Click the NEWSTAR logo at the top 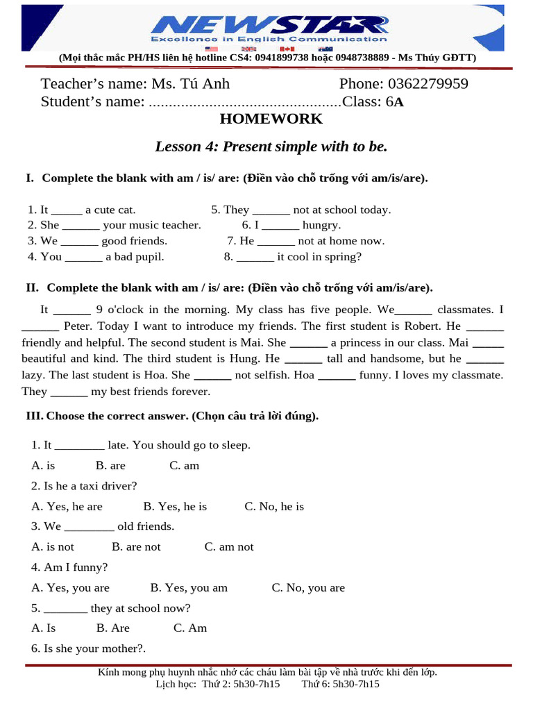point(269,26)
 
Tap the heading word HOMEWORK point(271,119)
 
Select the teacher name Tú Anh point(204,84)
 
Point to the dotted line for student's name point(245,103)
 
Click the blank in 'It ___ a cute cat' point(67,210)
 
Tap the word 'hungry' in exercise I point(321,225)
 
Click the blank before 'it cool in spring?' point(255,257)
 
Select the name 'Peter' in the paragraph point(78,326)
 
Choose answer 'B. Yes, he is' point(175,506)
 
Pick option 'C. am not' point(229,546)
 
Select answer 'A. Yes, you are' point(70,587)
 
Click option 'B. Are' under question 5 point(112,628)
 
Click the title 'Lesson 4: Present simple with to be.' point(271,147)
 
